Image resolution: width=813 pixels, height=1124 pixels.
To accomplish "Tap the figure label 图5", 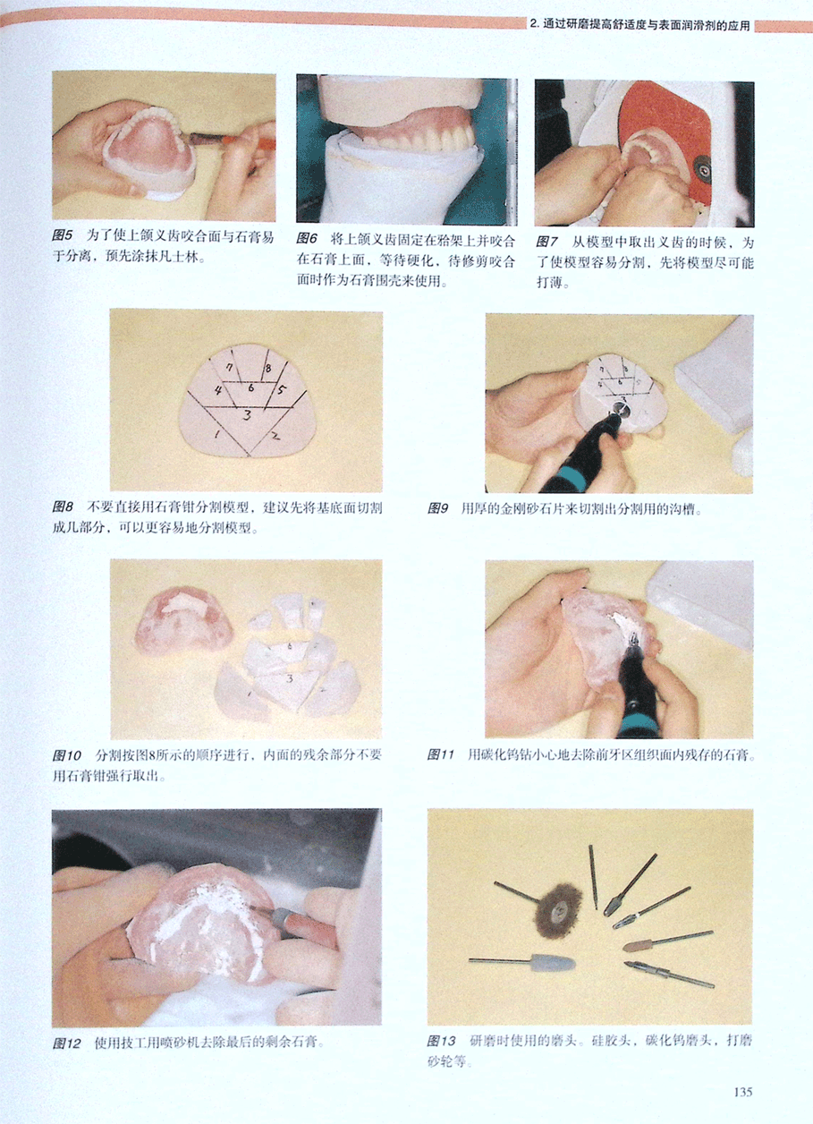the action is (63, 236).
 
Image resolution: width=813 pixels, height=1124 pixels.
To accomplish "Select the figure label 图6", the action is (307, 239).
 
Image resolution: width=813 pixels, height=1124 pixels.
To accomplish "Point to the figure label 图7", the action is (546, 243).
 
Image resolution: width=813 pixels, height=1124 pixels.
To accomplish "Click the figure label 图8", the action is (63, 507).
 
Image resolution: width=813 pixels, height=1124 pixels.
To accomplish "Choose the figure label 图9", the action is (438, 509).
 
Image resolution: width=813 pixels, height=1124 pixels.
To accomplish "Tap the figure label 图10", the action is (66, 755).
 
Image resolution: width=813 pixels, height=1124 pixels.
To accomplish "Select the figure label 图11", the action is (441, 754).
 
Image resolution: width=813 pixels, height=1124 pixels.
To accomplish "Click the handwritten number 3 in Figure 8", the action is (247, 415).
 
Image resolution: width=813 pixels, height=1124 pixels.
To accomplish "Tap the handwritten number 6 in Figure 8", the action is (251, 387).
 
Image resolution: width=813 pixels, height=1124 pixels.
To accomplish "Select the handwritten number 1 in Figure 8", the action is (216, 435).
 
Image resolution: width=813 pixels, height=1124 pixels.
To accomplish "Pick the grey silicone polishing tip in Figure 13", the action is (550, 963).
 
